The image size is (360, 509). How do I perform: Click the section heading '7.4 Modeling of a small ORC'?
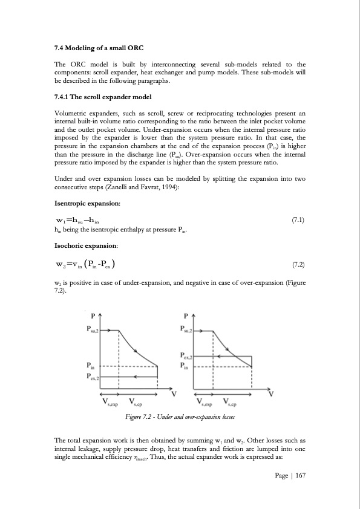(99, 48)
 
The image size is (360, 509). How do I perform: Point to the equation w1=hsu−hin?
(76, 220)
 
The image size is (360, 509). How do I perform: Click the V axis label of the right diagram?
(270, 394)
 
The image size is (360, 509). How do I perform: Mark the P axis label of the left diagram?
(93, 316)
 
